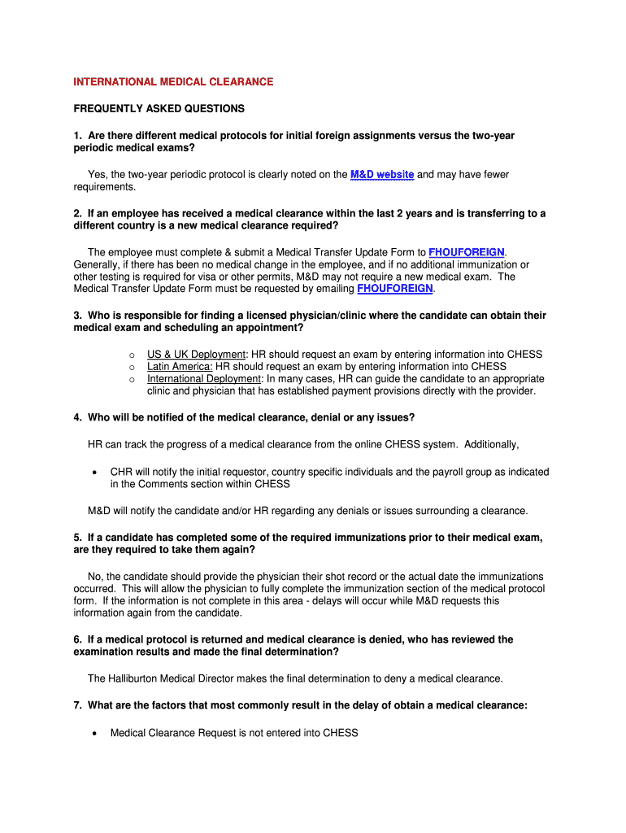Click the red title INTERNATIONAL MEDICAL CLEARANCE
point(173,82)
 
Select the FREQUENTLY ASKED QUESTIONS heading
point(159,108)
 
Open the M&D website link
point(381,175)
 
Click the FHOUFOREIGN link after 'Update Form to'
point(466,252)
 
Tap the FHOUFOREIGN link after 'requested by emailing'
point(395,289)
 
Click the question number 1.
point(76,135)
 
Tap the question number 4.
point(76,417)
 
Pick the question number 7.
point(76,706)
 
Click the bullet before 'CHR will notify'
point(95,472)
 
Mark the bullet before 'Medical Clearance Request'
point(95,733)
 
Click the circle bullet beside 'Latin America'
point(131,367)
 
